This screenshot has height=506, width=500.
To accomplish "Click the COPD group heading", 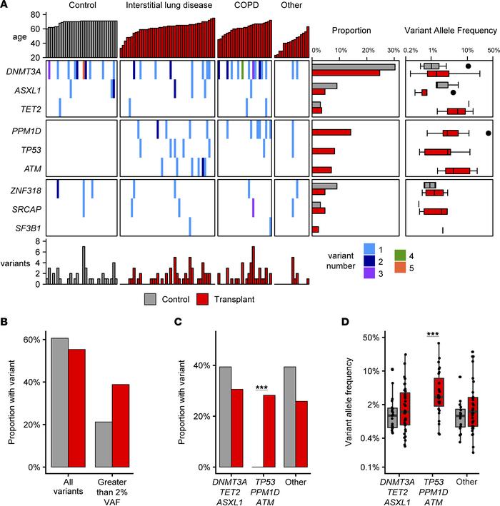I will (242, 6).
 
